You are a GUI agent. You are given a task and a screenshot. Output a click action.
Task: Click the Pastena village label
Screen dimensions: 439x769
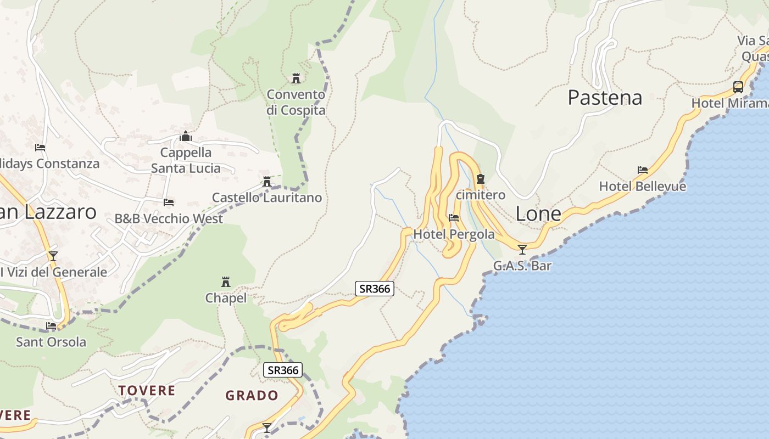point(605,98)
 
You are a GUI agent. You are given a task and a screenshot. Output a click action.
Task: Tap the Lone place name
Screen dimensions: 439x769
point(538,214)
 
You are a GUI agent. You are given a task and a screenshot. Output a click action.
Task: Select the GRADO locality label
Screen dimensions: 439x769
point(252,395)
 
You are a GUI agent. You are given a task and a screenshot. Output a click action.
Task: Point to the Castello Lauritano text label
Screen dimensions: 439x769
point(267,198)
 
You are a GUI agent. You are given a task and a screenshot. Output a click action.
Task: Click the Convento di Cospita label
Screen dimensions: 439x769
point(296,102)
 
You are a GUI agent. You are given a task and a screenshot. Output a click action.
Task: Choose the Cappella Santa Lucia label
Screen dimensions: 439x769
point(186,160)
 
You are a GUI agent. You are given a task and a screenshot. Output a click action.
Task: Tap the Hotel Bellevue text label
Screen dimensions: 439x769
point(642,186)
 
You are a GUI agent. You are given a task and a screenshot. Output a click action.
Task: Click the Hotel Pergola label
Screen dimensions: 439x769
point(454,234)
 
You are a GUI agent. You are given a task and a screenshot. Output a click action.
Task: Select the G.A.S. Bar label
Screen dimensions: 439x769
point(522,266)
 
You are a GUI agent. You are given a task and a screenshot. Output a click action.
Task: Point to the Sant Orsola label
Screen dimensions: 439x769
point(51,342)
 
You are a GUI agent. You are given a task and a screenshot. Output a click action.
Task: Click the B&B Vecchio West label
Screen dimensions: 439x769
point(169,218)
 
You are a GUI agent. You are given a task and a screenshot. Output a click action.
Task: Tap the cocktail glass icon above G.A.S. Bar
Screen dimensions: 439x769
point(522,250)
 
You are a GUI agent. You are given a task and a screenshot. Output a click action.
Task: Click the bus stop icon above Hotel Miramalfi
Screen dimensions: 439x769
point(738,87)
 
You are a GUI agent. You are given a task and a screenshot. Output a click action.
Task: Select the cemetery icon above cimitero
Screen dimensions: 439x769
point(481,179)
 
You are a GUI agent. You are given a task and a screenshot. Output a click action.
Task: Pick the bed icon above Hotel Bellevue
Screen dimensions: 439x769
point(642,170)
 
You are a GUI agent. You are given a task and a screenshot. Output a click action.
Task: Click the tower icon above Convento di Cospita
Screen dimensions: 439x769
point(296,78)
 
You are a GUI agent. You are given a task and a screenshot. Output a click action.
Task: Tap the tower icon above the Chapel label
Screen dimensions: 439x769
point(226,282)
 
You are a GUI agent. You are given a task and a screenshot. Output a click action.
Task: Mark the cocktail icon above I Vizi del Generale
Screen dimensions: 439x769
point(53,256)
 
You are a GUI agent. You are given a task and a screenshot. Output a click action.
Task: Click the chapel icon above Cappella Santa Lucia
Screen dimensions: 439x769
point(186,136)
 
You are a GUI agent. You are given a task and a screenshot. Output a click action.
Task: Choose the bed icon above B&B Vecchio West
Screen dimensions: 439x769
point(169,202)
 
